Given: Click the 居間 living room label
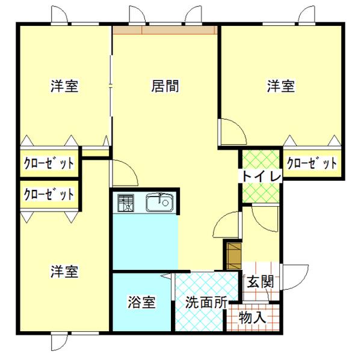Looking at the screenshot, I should coord(164,87).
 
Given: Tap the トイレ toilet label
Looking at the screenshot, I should coord(262,177).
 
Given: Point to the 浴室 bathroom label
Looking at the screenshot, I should coord(142,302).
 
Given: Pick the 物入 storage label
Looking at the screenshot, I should coord(253,317).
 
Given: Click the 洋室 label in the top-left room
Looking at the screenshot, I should coord(64,87).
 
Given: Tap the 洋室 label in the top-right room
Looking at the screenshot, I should coord(280,87).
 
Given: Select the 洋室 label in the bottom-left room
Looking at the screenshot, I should coord(64,272).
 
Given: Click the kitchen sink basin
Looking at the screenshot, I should coord(160,203).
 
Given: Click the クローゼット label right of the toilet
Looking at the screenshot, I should coord(311,163).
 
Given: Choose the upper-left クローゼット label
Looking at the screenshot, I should coord(49,163).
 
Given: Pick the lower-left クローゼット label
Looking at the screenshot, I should coord(49,194).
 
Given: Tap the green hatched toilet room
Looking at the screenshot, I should coord(261,192).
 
